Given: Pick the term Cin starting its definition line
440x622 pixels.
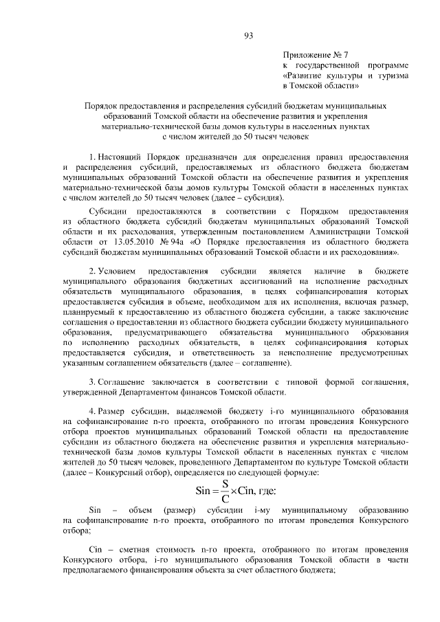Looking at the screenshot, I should pos(96,551).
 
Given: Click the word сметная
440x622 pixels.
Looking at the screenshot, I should pos(139,551).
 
